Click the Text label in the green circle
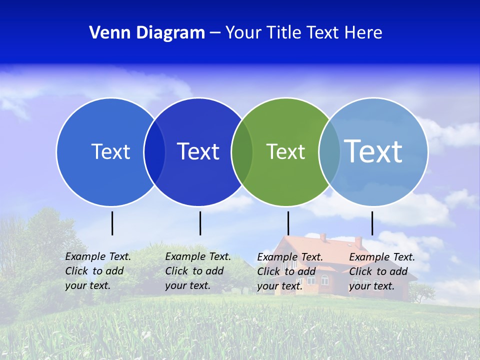pos(285,152)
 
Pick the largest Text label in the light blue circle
pos(373,151)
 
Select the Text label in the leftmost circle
pos(110,151)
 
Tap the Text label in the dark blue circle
pos(198,151)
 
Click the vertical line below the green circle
pos(288,223)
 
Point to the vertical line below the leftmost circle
pos(112,223)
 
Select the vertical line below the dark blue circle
pos(200,223)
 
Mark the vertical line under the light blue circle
pos(372,223)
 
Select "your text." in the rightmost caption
pos(371,286)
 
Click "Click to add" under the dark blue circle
pos(194,271)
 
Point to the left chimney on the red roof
pos(323,237)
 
